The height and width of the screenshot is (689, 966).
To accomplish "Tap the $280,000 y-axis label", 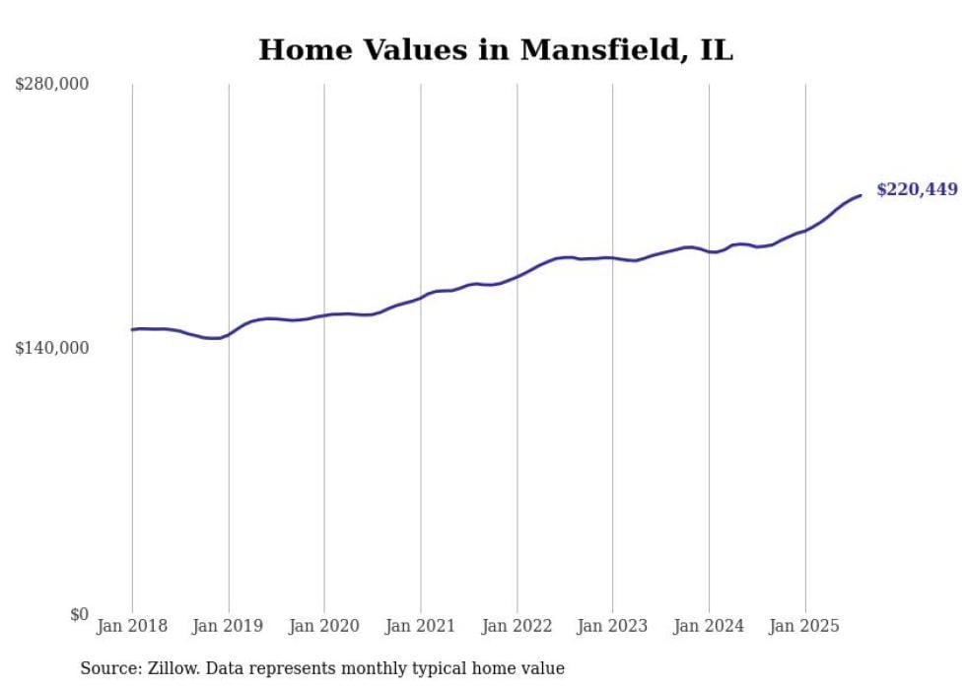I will coord(51,85).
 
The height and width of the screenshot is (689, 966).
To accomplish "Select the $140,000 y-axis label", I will coord(51,348).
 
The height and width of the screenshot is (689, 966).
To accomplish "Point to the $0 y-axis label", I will coord(79,614).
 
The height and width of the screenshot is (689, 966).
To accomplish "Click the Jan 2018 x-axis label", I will coord(132,626).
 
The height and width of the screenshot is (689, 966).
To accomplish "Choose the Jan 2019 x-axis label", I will coord(229,626).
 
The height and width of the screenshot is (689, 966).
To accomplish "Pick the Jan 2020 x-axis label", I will coord(324,626).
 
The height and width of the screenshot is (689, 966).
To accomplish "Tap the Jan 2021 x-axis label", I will coord(421,626).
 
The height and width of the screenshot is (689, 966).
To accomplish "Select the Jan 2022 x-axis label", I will coord(517,626).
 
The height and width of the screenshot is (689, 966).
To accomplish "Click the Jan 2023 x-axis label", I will coord(612,626).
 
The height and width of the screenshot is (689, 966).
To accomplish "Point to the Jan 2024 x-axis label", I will coord(709,626).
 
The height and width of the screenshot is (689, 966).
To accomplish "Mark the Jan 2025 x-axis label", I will coord(805,626).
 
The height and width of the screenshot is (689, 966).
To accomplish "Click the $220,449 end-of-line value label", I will coord(917,189).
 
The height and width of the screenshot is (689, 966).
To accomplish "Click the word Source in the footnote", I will coord(106,668).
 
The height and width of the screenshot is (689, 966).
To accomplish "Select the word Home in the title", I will coord(302,50).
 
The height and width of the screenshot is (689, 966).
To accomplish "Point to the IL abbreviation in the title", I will coord(717,50).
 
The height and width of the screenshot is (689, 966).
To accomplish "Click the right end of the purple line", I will coord(861,195).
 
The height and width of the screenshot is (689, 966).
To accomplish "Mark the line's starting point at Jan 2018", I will coord(133,329).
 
